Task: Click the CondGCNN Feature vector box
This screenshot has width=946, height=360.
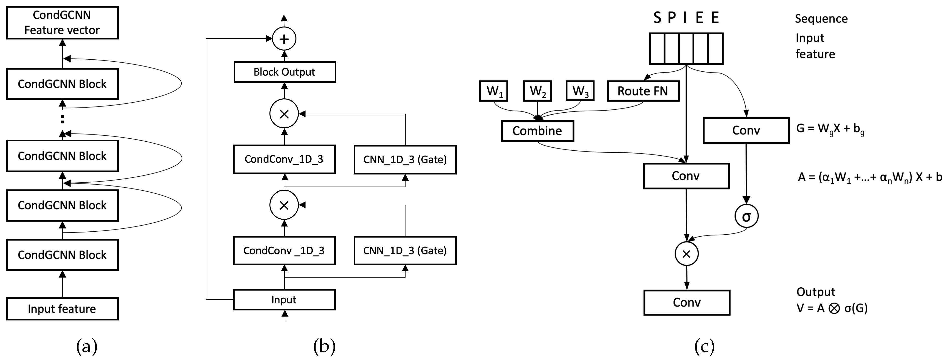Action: pyautogui.click(x=62, y=22)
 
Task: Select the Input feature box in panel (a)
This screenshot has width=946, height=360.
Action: pyautogui.click(x=62, y=308)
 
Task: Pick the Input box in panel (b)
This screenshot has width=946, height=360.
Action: pyautogui.click(x=284, y=300)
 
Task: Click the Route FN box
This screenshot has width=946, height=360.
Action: pyautogui.click(x=643, y=91)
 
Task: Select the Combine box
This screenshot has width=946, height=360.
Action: pyautogui.click(x=537, y=131)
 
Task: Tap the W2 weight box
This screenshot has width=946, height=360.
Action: pyautogui.click(x=537, y=91)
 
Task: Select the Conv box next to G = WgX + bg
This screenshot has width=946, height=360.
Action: pyautogui.click(x=746, y=130)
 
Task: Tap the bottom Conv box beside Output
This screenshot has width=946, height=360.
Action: pyautogui.click(x=686, y=302)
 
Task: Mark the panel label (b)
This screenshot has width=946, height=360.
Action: pyautogui.click(x=324, y=346)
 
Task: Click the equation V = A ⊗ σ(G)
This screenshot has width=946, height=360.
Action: pyautogui.click(x=832, y=308)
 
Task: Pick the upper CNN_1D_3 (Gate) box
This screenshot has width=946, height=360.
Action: pyautogui.click(x=405, y=160)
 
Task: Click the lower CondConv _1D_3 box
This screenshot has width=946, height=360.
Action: pyautogui.click(x=284, y=251)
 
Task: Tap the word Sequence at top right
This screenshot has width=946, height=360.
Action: pyautogui.click(x=821, y=19)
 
